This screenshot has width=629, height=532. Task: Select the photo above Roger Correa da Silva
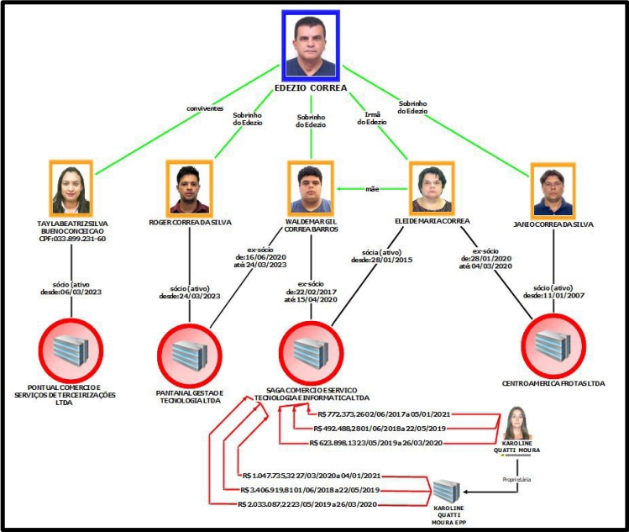point(188,187)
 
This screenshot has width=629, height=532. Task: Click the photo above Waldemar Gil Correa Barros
point(311,187)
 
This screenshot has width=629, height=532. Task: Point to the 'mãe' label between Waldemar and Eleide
point(371,188)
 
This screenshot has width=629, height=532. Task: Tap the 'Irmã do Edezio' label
point(371,117)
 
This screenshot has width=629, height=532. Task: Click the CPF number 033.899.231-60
point(76,239)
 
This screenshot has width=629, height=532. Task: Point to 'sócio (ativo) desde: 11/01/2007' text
point(553,292)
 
